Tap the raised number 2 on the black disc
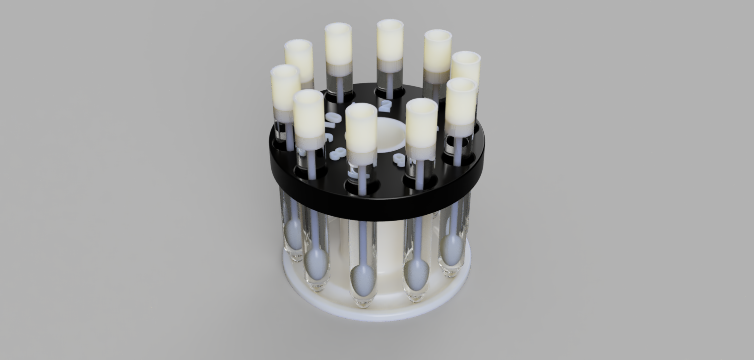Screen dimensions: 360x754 [x=385, y=105]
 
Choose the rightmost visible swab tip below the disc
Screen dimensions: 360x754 [x=452, y=249]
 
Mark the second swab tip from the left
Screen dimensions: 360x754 [x=316, y=263]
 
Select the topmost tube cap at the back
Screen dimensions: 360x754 [x=390, y=40]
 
